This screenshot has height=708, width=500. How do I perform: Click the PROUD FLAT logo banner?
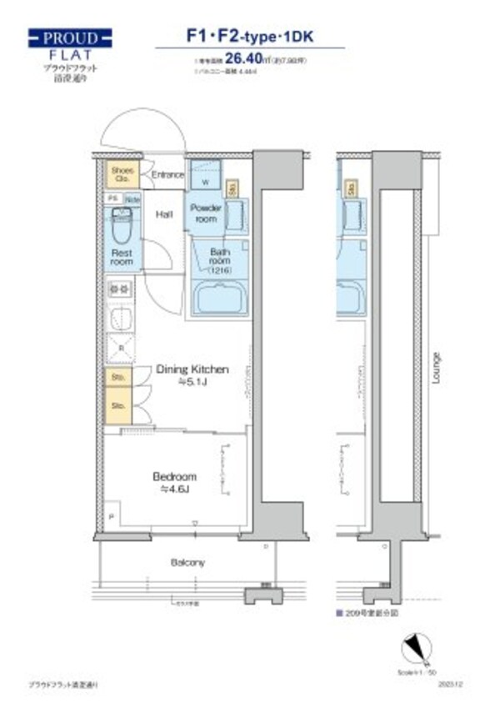pyautogui.click(x=69, y=38)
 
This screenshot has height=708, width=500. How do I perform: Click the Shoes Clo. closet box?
pyautogui.click(x=122, y=175)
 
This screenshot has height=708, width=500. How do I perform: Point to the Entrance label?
pyautogui.click(x=167, y=174)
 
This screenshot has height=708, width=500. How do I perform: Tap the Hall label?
pyautogui.click(x=164, y=214)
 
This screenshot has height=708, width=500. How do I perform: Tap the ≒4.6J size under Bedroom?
pyautogui.click(x=174, y=490)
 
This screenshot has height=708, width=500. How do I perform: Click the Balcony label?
pyautogui.click(x=187, y=563)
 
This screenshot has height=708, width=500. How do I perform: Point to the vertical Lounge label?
pyautogui.click(x=437, y=368)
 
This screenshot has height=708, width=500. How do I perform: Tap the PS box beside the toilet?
pyautogui.click(x=112, y=198)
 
